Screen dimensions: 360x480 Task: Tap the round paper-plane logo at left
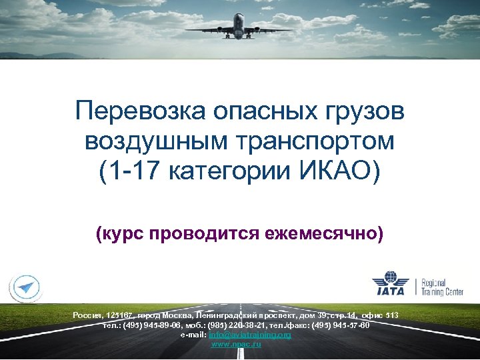pos(25,287)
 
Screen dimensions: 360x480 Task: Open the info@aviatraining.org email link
pos(250,335)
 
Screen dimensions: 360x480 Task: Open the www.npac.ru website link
pos(236,344)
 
